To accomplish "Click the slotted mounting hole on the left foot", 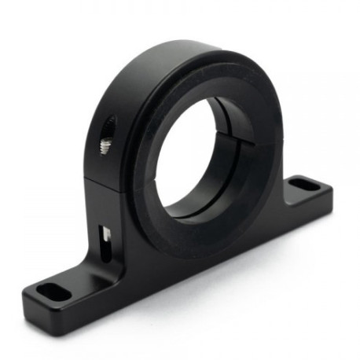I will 53,292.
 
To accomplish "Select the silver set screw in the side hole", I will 105,144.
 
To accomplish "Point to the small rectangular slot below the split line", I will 105,233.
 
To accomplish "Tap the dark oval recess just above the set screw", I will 108,126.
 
